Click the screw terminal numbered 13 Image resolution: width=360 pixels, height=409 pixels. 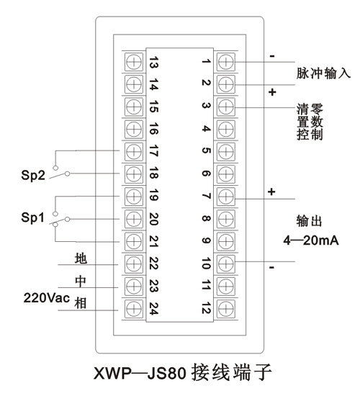click(x=134, y=62)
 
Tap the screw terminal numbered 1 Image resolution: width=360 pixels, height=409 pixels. click(x=225, y=62)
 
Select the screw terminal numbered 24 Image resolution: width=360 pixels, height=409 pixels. click(x=134, y=309)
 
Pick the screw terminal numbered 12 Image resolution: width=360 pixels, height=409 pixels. click(x=225, y=309)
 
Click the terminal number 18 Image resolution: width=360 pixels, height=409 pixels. click(x=153, y=174)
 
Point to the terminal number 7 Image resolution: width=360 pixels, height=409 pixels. click(x=207, y=196)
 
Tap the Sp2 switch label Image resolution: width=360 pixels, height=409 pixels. click(x=33, y=175)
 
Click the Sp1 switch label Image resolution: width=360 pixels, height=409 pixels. click(x=32, y=217)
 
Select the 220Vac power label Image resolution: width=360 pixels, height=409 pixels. click(x=47, y=297)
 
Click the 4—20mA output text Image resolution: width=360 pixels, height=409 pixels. click(x=311, y=241)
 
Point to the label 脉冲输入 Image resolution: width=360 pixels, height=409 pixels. click(x=323, y=73)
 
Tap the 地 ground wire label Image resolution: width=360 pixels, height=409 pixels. click(x=81, y=259)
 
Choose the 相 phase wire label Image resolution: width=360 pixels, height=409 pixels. click(x=81, y=303)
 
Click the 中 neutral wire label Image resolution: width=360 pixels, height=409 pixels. click(x=81, y=281)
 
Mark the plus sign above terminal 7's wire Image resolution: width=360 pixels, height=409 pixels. click(x=271, y=192)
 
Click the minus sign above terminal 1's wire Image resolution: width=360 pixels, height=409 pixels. click(x=272, y=56)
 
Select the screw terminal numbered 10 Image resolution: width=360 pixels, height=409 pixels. click(x=225, y=264)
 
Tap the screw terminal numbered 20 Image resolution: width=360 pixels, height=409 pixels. click(x=134, y=219)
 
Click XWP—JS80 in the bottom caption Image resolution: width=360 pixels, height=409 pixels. click(x=140, y=373)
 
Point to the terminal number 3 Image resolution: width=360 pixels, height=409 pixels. click(x=207, y=105)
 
